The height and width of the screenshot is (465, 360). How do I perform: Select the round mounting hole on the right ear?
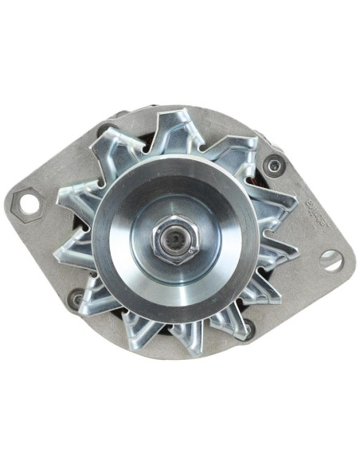pos(330,259)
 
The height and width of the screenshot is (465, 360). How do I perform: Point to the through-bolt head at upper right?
pos(274,166)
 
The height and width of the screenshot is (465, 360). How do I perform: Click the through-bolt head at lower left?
pos(76,300)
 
